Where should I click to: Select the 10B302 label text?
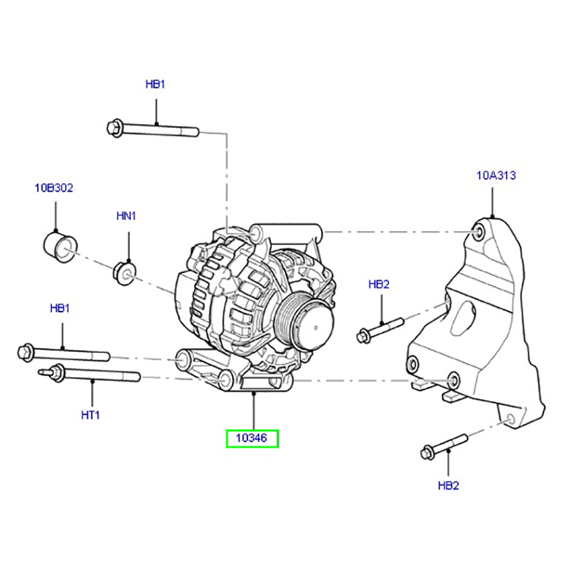coord(55,188)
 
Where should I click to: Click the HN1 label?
coord(127,216)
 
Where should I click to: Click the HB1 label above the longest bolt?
coord(155,85)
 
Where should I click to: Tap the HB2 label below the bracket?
coord(448,485)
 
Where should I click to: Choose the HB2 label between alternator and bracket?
coord(380,285)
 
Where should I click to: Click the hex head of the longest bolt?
coord(114,128)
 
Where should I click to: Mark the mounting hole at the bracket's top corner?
coord(479,232)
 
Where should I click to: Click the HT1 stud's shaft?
coord(102,376)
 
